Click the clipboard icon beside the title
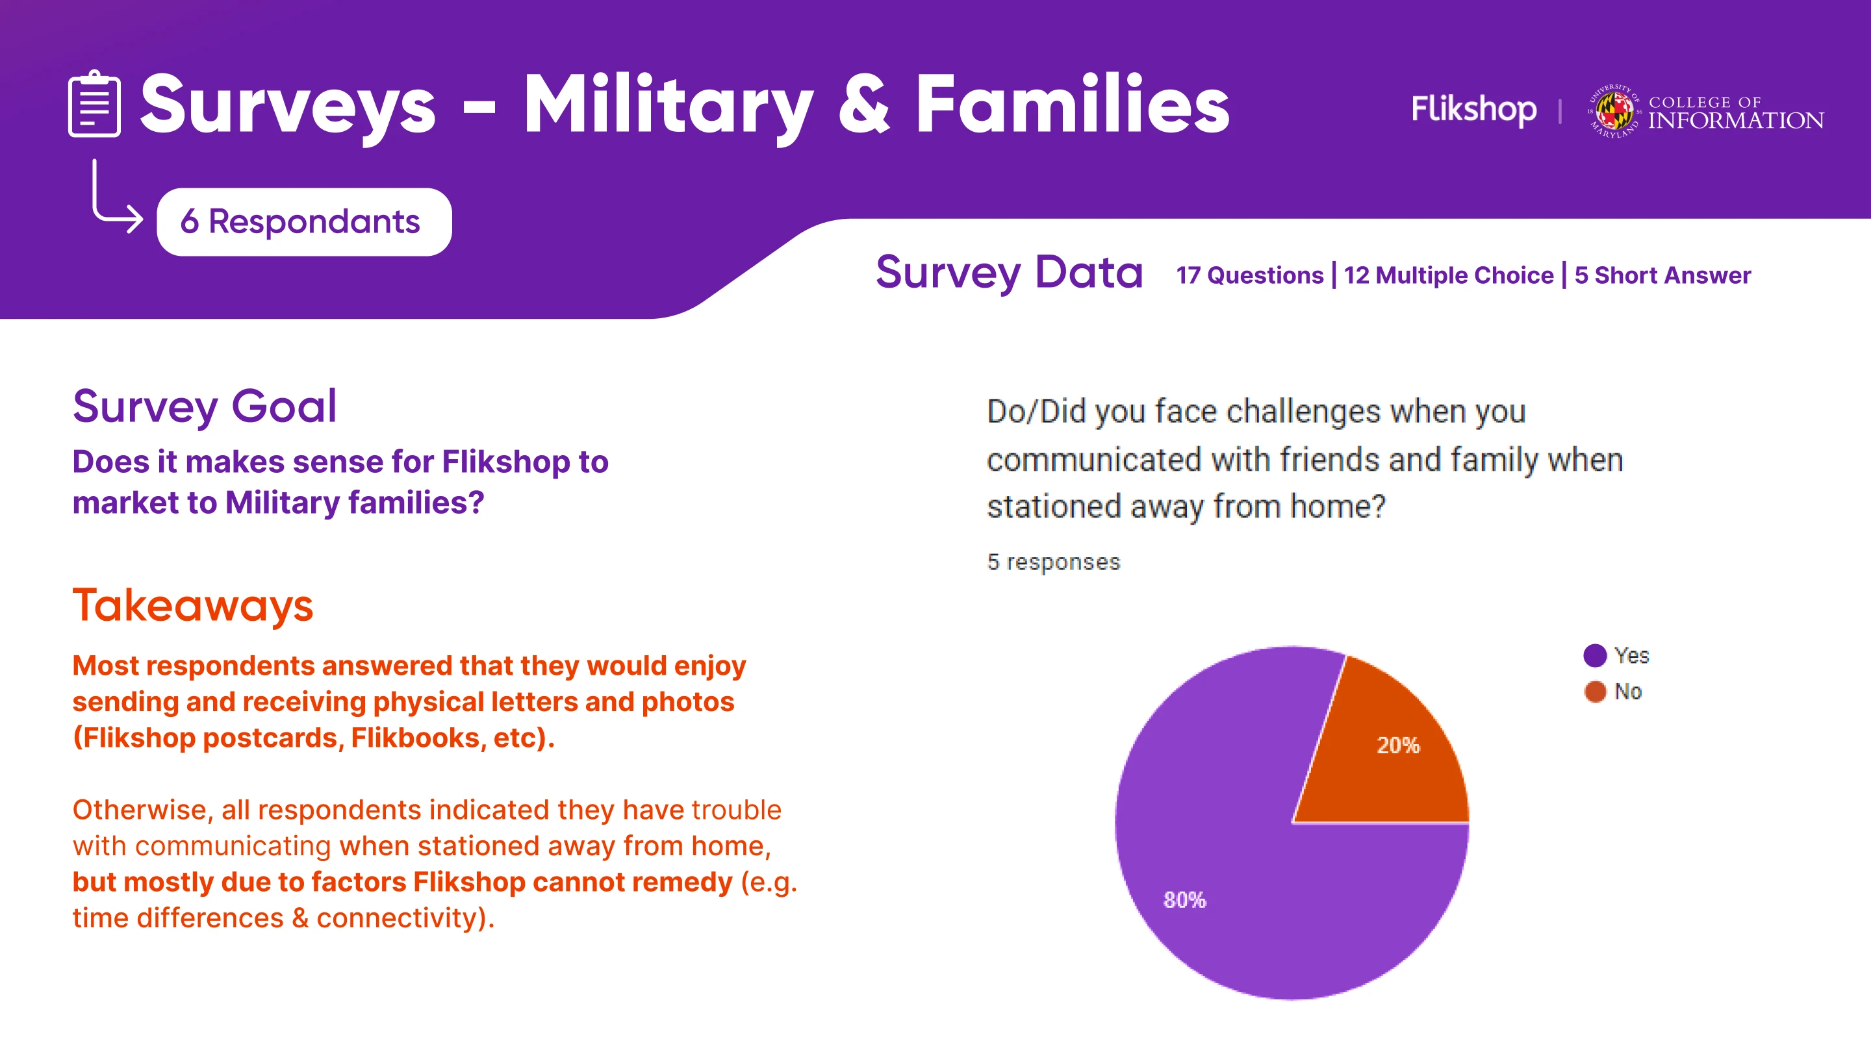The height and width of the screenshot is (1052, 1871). pos(94,104)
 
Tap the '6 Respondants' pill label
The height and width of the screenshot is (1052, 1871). pos(303,221)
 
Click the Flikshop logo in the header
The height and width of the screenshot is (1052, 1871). pos(1473,110)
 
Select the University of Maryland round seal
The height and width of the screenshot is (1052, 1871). pos(1614,111)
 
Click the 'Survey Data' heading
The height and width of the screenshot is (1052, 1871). pos(1009,272)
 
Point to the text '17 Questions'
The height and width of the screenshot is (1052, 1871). pos(1249,275)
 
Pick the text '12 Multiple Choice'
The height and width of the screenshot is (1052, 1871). pos(1448,275)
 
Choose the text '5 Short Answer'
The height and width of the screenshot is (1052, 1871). pos(1662,275)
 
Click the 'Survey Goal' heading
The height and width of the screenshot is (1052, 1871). pos(205,407)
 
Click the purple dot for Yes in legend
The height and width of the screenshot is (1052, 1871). pos(1595,655)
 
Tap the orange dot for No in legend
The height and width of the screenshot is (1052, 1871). pos(1595,691)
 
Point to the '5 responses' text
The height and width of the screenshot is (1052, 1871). pos(1053,562)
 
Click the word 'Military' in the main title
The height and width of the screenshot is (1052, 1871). pos(669,106)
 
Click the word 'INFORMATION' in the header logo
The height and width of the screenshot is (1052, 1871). pos(1736,121)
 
